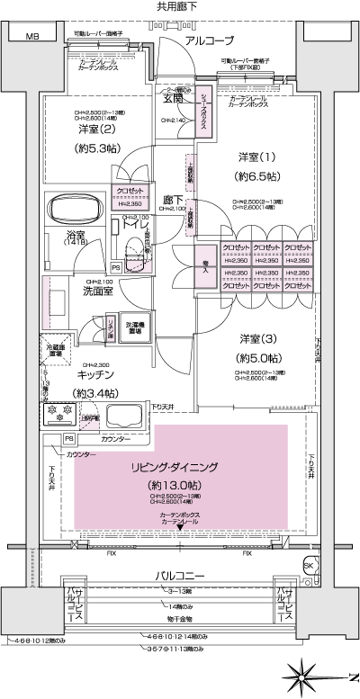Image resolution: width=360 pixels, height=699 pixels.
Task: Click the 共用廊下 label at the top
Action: tap(180, 6)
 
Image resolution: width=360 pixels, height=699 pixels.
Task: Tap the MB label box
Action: tap(32, 37)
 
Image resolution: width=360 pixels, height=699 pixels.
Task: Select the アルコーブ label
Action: tap(209, 41)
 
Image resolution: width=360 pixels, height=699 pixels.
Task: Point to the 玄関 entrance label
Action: tap(173, 99)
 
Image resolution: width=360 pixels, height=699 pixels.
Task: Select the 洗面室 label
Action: tap(72, 291)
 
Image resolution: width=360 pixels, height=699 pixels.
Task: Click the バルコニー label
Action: tap(180, 574)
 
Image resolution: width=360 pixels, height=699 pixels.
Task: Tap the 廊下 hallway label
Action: tap(174, 201)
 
